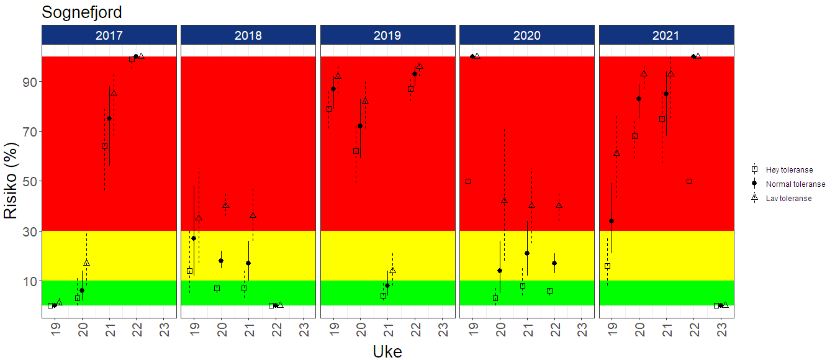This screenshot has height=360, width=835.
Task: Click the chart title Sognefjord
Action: tap(81, 12)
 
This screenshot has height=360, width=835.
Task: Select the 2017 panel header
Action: tap(109, 35)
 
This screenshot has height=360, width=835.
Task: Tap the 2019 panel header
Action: tap(387, 35)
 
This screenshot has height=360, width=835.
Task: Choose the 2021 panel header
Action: tap(666, 35)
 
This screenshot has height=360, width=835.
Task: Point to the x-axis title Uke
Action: tap(387, 351)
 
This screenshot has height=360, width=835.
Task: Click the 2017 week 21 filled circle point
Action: tap(109, 119)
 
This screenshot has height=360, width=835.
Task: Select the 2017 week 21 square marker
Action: tap(104, 146)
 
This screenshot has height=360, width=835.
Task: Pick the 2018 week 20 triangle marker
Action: tap(226, 205)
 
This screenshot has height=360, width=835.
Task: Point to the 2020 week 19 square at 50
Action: tap(468, 181)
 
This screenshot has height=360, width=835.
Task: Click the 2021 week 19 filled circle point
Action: tap(612, 221)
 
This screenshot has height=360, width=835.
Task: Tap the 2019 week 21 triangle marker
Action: tap(392, 270)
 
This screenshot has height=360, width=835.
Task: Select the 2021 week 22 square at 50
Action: tap(689, 181)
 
